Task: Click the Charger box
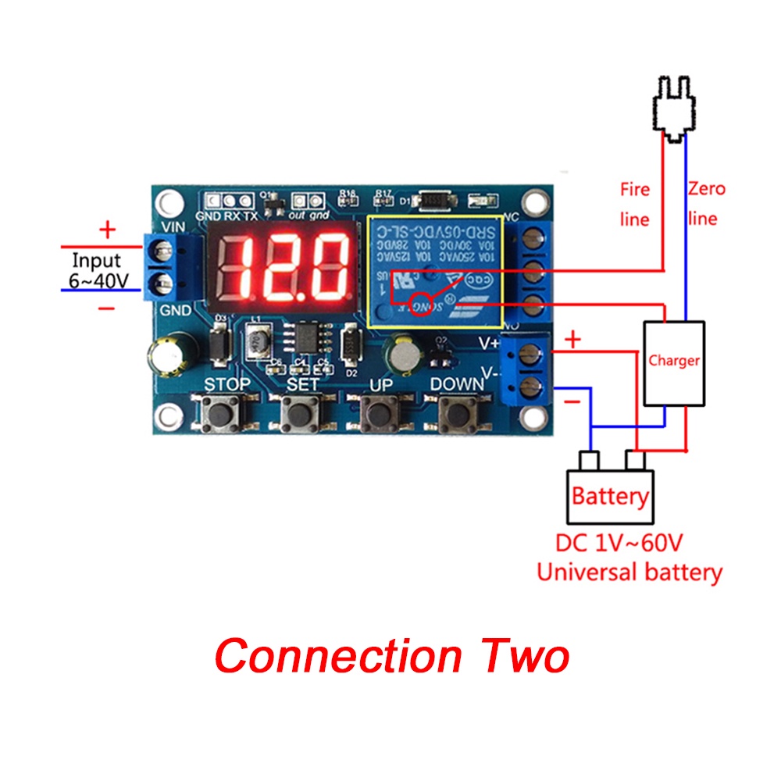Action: click(673, 362)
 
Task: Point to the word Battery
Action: click(610, 496)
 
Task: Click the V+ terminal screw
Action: click(533, 351)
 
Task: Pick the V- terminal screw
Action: click(533, 383)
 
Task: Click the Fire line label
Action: click(634, 204)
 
